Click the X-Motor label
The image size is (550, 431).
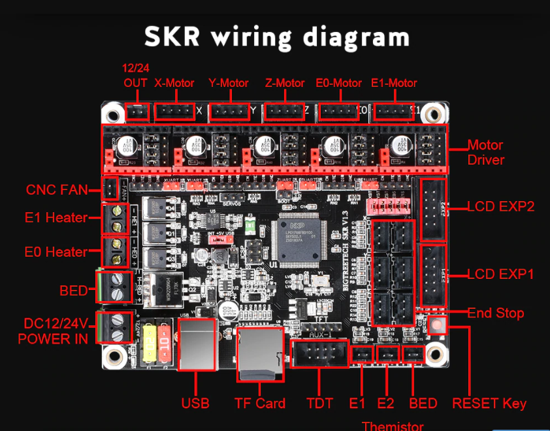pyautogui.click(x=174, y=83)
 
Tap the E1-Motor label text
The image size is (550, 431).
pyautogui.click(x=394, y=83)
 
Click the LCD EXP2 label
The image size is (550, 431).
pyautogui.click(x=501, y=207)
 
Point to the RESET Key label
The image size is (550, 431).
pyautogui.click(x=489, y=403)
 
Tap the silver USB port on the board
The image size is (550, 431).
pyautogui.click(x=196, y=346)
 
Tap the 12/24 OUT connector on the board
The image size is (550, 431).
pyautogui.click(x=137, y=112)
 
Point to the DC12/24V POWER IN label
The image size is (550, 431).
pyautogui.click(x=53, y=330)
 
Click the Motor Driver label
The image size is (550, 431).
pyautogui.click(x=486, y=152)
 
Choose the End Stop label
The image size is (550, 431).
pyautogui.click(x=496, y=313)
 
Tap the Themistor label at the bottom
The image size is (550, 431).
pyautogui.click(x=393, y=426)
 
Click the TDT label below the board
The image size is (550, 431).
pyautogui.click(x=319, y=403)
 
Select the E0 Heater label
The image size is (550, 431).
pyautogui.click(x=56, y=251)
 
